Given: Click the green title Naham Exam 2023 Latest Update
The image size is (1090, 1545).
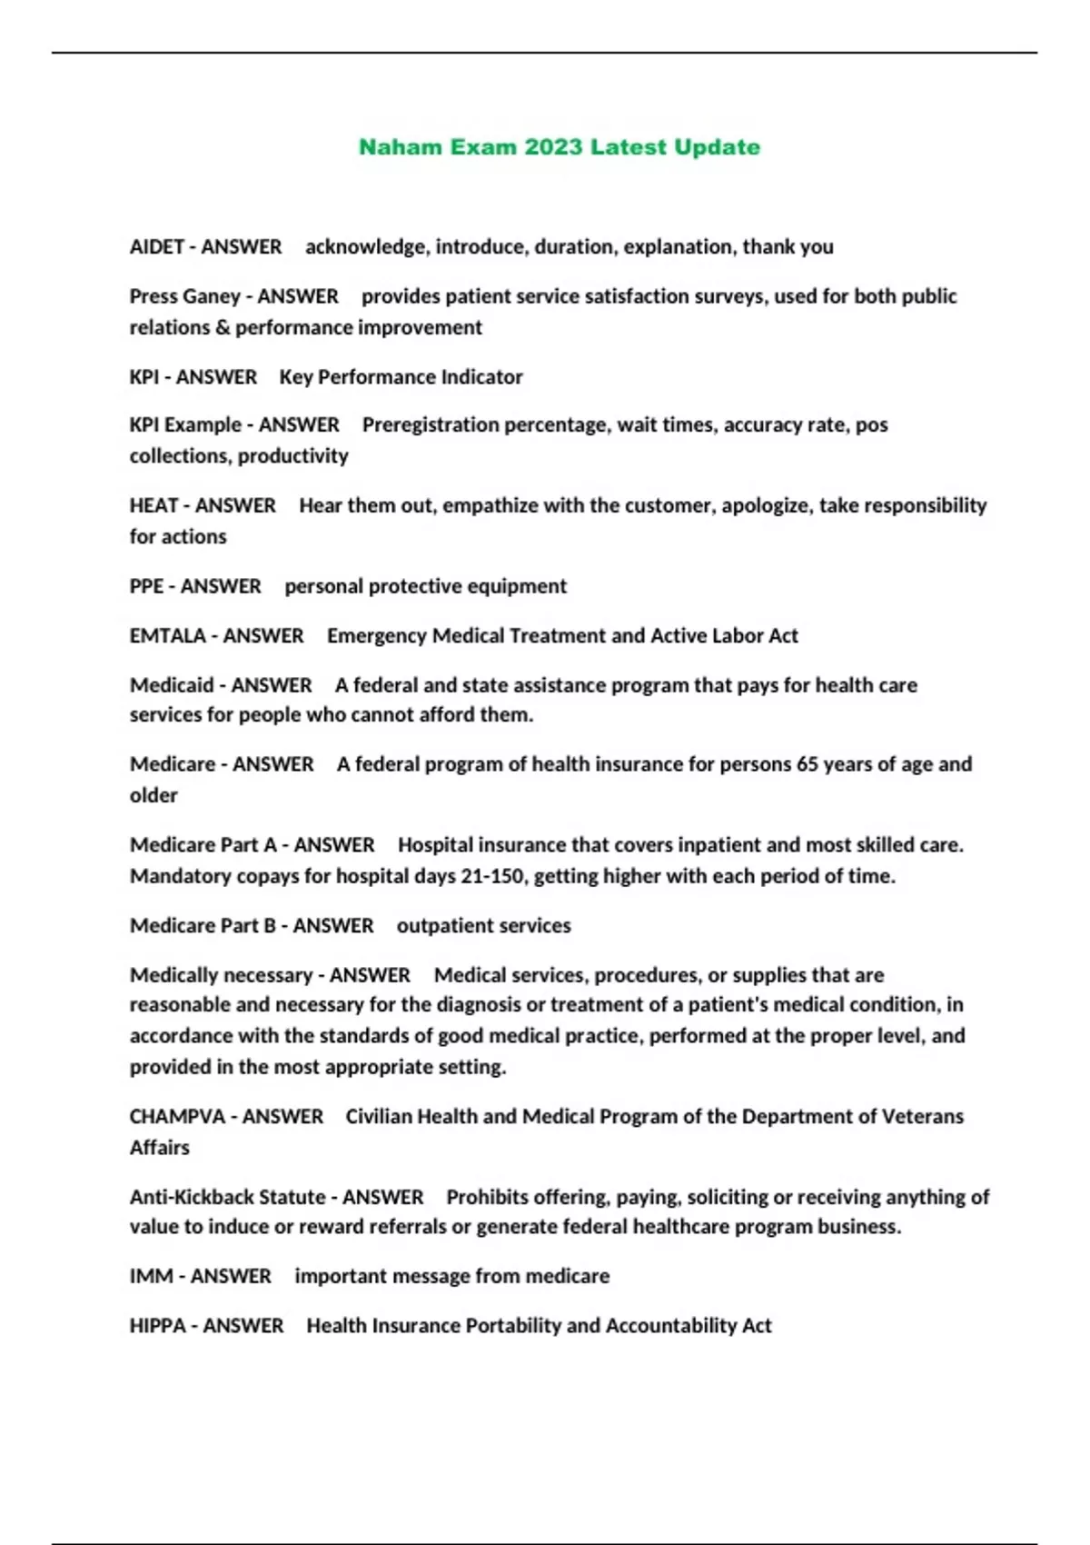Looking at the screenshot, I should coord(560,147).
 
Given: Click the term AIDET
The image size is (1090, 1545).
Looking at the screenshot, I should coord(155,247).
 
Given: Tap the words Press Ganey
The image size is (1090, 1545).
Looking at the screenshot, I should coord(184,296).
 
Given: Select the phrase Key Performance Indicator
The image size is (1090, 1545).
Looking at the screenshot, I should coord(401,377).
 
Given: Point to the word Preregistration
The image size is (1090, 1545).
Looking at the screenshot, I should coord(431,425).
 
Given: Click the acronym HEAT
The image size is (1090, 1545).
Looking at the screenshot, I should coord(154,505).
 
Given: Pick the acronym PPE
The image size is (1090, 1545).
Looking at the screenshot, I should coord(146,586).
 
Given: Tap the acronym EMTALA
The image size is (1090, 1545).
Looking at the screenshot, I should coord(168,636).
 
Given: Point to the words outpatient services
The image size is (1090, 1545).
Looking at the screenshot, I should coord(483,926).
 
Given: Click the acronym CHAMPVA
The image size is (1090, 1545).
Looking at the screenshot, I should coord(177,1117).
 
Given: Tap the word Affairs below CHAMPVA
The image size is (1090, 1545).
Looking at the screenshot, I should coord(160,1148).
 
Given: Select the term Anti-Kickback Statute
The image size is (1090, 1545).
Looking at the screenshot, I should coord(227,1197).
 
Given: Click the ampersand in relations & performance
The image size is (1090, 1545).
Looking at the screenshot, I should coord(223,328).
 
